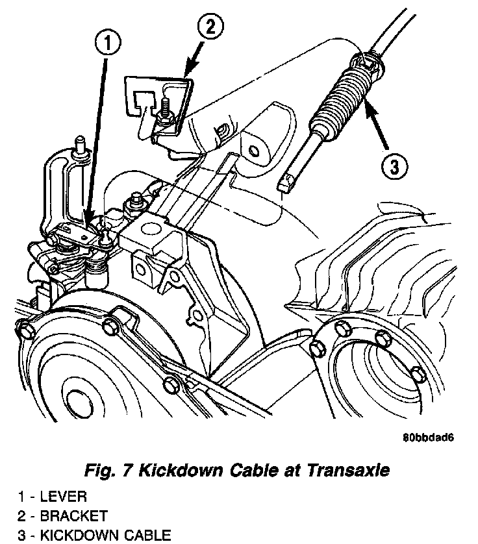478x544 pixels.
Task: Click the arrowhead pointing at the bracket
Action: pos(188,71)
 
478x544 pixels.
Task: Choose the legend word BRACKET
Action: pos(73,516)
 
